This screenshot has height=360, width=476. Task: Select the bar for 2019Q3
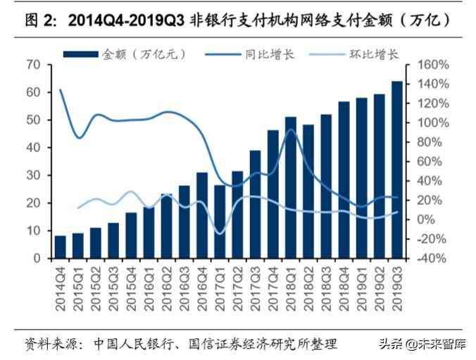point(396,170)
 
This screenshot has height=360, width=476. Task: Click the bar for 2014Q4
point(60,247)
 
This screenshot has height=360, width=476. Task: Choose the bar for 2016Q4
point(202,215)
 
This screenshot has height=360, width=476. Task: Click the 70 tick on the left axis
point(32,65)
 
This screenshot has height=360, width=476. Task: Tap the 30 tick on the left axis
point(32,175)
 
